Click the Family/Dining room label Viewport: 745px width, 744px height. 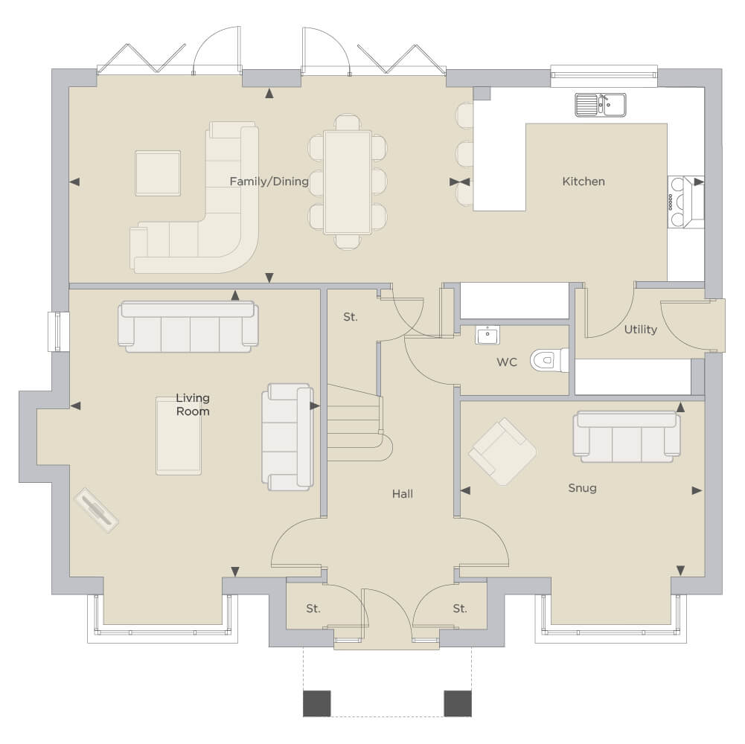click(269, 182)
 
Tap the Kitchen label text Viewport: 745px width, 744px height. click(583, 182)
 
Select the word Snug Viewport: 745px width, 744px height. click(583, 488)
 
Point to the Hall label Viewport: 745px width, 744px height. click(403, 494)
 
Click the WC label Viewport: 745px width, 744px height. click(507, 362)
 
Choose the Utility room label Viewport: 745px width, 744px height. click(641, 330)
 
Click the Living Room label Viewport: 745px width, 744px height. click(193, 405)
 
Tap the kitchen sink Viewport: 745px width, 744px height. click(601, 105)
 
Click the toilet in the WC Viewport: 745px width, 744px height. click(549, 360)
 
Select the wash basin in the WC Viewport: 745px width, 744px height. click(487, 335)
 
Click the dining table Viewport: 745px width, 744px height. click(348, 182)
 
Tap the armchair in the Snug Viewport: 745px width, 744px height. click(502, 452)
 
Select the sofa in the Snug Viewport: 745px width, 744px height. click(627, 437)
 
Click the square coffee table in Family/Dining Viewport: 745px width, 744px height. click(158, 173)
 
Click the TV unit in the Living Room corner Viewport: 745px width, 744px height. click(97, 510)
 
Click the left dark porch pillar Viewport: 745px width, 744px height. click(317, 703)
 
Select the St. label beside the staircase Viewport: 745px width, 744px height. click(350, 317)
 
